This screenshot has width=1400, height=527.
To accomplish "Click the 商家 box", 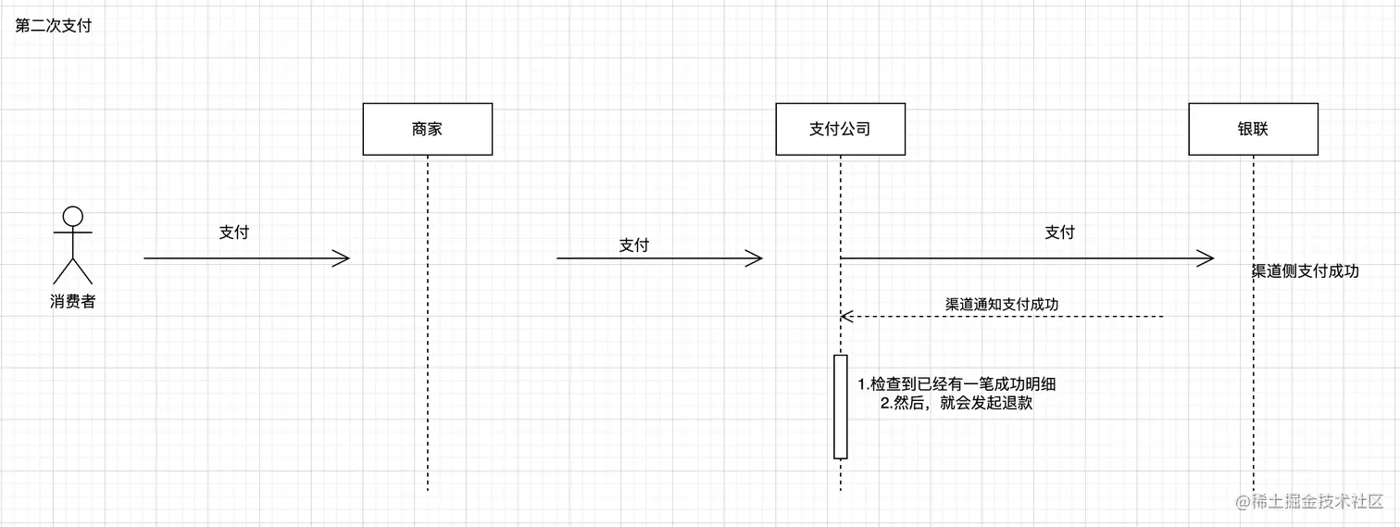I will pyautogui.click(x=427, y=129).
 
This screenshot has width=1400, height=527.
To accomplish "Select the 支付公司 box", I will pyautogui.click(x=840, y=129).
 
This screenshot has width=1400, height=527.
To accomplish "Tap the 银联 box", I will pyautogui.click(x=1253, y=129).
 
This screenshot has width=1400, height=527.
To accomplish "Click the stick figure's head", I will pyautogui.click(x=72, y=217).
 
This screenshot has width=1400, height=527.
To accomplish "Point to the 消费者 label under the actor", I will pyautogui.click(x=72, y=301).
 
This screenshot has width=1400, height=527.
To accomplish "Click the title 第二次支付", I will pyautogui.click(x=54, y=26).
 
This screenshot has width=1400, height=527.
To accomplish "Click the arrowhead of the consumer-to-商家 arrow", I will pyautogui.click(x=344, y=258).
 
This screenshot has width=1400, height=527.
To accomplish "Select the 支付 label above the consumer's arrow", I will pyautogui.click(x=233, y=232).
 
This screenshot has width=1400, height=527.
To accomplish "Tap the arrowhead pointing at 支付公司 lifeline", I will pyautogui.click(x=756, y=258).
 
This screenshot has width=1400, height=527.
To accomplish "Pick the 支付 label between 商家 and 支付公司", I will pyautogui.click(x=634, y=245).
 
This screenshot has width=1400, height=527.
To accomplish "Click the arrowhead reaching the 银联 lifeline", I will pyautogui.click(x=1207, y=258).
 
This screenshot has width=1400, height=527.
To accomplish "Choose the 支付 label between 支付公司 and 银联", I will pyautogui.click(x=1059, y=232).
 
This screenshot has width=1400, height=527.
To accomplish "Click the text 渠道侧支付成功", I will pyautogui.click(x=1306, y=271).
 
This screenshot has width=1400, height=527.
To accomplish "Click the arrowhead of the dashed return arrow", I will pyautogui.click(x=844, y=317).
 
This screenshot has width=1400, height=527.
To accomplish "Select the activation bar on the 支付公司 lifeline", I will pyautogui.click(x=841, y=406).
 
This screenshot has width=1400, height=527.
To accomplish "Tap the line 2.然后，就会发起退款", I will pyautogui.click(x=956, y=404).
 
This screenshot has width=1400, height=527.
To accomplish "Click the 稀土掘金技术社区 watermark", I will pyautogui.click(x=1308, y=501).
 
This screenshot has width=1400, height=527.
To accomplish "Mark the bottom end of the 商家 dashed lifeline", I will pyautogui.click(x=428, y=489).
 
